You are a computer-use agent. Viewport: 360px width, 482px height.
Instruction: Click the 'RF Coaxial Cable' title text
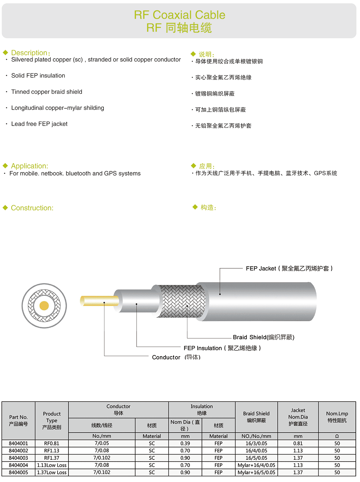pos(179,15)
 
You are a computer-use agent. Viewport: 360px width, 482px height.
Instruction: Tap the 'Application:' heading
pos(29,166)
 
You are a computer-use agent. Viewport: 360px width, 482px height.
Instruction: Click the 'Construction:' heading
pos(32,208)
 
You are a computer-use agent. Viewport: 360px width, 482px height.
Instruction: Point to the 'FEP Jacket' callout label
pos(261,269)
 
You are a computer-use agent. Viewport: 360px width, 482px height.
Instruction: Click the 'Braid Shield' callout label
pos(250,337)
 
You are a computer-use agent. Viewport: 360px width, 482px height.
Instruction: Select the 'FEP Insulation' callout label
pos(203,348)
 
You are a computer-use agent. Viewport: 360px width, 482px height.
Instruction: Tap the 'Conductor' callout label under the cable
pos(166,358)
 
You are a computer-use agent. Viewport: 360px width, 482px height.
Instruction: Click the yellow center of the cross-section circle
pos(44,306)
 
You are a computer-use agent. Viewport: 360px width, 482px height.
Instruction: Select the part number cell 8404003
pos(18,458)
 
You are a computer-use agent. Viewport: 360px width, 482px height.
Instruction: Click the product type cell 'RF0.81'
pos(52,444)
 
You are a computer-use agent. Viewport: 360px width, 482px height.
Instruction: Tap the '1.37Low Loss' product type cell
pos(52,472)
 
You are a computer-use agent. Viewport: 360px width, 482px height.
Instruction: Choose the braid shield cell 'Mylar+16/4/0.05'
pos(256,465)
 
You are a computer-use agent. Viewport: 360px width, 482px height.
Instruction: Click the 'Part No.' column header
pos(18,417)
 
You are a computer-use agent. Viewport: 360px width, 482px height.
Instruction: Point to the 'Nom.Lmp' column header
pos(337,414)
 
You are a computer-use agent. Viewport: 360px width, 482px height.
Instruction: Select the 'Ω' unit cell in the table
pos(337,436)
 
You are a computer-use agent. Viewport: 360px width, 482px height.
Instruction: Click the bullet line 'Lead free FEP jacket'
pos(39,124)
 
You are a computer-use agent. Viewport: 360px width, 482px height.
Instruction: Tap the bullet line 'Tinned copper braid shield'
pos(47,92)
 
